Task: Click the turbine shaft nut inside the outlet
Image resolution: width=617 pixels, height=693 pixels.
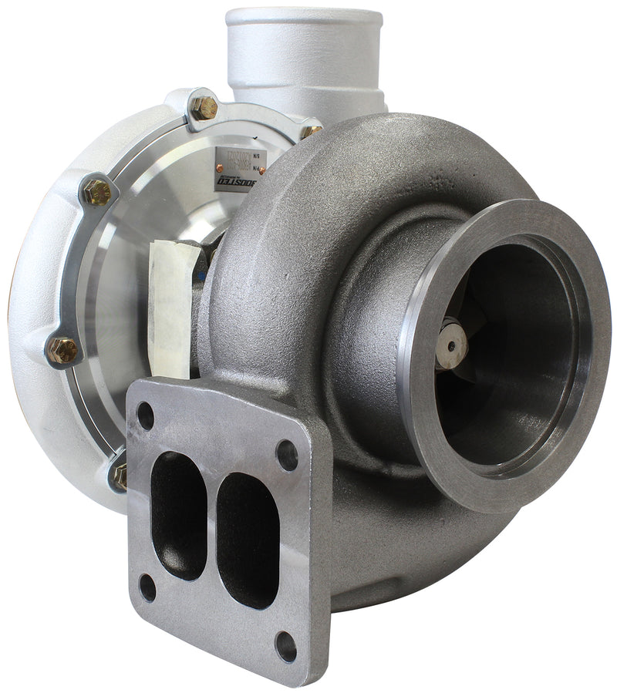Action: pyautogui.click(x=451, y=345)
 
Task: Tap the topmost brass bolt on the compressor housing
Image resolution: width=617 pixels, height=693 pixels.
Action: pyautogui.click(x=205, y=107)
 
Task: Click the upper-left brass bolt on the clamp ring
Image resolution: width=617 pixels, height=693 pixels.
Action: pyautogui.click(x=97, y=191)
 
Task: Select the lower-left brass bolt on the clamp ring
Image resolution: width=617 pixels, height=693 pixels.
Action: pyautogui.click(x=63, y=350)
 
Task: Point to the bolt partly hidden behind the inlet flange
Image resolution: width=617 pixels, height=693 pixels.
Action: pyautogui.click(x=120, y=475)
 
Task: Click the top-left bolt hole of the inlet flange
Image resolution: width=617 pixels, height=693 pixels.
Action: pyautogui.click(x=145, y=415)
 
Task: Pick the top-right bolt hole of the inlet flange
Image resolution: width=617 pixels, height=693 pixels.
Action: pyautogui.click(x=287, y=455)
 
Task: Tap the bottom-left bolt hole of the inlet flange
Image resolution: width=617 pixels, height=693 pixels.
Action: pyautogui.click(x=147, y=587)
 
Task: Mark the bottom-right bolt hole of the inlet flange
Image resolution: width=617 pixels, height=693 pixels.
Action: pyautogui.click(x=285, y=646)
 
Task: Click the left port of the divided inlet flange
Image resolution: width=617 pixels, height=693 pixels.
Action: pyautogui.click(x=178, y=515)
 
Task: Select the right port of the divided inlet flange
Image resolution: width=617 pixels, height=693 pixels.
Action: pyautogui.click(x=247, y=540)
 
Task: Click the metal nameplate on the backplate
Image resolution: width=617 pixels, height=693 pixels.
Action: pyautogui.click(x=235, y=166)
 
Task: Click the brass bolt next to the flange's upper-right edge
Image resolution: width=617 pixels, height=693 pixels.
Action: pyautogui.click(x=311, y=131)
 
